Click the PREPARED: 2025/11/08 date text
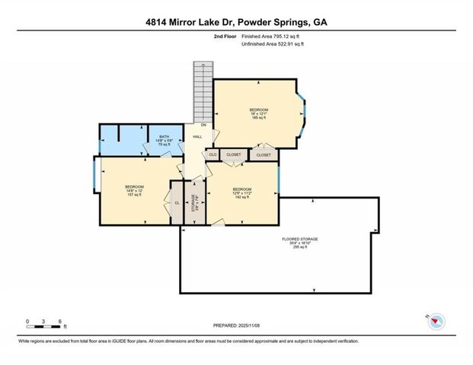236,325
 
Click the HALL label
197,137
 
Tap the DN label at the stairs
203,125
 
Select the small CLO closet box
213,154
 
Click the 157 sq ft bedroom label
134,190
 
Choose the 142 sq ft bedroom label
242,192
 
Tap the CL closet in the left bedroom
177,203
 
